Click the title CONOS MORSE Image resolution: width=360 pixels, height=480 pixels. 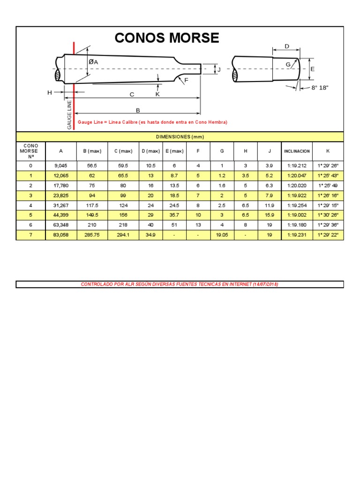click(x=166, y=38)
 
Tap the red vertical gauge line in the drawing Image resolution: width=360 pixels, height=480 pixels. click(x=73, y=84)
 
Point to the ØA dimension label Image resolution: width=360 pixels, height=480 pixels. click(x=93, y=62)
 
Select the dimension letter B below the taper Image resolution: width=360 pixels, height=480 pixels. click(x=138, y=110)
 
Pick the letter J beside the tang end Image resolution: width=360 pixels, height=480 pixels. click(x=218, y=69)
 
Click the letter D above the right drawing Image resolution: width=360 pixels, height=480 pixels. click(x=287, y=46)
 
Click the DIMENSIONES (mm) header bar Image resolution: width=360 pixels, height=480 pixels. click(x=180, y=136)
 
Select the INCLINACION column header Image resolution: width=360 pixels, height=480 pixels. click(x=297, y=151)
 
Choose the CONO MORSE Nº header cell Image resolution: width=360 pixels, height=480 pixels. click(x=31, y=151)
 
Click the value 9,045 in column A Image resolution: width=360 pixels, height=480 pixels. click(x=61, y=165)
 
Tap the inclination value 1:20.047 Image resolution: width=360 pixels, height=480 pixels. click(x=297, y=175)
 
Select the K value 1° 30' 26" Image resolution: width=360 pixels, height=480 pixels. click(x=328, y=215)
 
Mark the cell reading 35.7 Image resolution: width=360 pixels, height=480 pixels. click(x=174, y=215)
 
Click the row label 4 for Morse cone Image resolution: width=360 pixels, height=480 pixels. click(x=31, y=205)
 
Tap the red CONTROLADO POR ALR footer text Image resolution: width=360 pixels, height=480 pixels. click(x=180, y=284)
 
